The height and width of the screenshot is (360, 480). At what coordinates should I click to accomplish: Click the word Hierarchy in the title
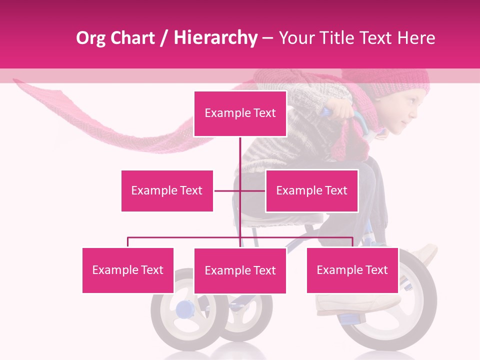click(215, 38)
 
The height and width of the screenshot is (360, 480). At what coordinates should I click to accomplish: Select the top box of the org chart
click(240, 113)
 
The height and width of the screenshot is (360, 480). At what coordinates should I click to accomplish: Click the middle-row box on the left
click(167, 190)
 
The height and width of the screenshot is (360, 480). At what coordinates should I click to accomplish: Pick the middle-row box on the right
click(311, 190)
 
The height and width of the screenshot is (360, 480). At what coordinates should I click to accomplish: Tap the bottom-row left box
click(127, 270)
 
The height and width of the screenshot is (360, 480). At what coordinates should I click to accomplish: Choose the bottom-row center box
click(240, 270)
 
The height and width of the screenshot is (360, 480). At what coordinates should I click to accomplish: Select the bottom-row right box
click(352, 270)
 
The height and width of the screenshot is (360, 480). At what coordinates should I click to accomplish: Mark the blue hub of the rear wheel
click(183, 309)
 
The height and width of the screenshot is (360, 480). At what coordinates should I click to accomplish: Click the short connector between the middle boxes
click(239, 190)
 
